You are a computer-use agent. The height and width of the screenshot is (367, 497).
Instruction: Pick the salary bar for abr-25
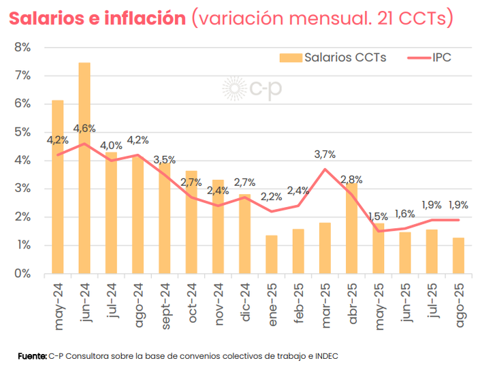[x=351, y=228]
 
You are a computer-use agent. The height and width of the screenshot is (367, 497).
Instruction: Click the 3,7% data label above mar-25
[x=325, y=155]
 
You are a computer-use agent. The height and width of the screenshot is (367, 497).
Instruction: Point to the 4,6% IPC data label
[x=84, y=129]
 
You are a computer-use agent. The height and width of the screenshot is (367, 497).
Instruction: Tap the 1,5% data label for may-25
[x=378, y=217]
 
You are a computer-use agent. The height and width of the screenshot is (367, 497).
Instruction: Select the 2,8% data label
[x=351, y=180]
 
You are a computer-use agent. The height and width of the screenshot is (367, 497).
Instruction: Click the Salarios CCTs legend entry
[x=333, y=58]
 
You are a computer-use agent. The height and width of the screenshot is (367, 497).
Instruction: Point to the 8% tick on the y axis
[x=22, y=48]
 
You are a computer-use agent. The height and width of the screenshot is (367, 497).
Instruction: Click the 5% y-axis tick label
[x=22, y=132]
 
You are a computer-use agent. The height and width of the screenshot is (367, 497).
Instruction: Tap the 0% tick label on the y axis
[x=22, y=274]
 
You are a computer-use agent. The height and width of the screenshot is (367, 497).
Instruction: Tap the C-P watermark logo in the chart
[x=253, y=90]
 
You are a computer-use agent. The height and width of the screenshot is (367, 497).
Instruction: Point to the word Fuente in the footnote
[x=32, y=355]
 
